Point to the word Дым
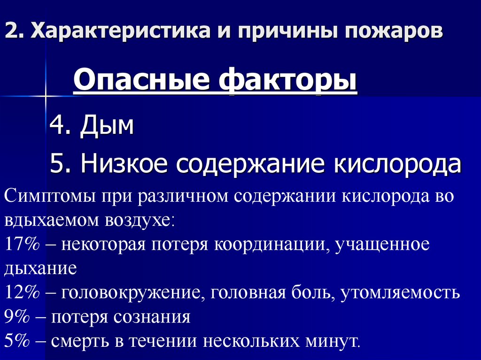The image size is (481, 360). click(107, 126)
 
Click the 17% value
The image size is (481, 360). click(21, 245)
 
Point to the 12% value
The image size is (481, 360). click(21, 293)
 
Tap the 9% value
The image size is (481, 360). click(16, 318)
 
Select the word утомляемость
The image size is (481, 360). click(400, 293)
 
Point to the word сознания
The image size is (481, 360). click(151, 318)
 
